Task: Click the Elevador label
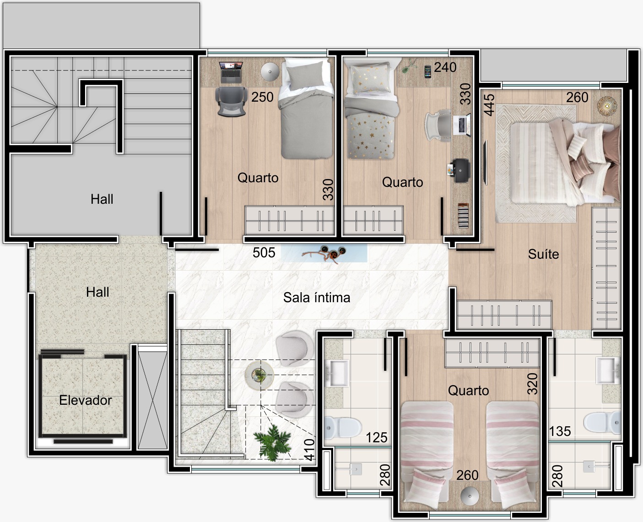click(86, 400)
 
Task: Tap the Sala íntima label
click(317, 298)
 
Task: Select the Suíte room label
click(543, 254)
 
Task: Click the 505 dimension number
click(264, 253)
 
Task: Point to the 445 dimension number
click(489, 105)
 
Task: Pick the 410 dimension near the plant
click(309, 450)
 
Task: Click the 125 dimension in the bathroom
click(377, 437)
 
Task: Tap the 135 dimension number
click(560, 431)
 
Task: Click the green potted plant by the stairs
click(272, 443)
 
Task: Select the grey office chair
click(231, 101)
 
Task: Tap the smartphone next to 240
click(428, 71)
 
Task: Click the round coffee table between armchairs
click(259, 375)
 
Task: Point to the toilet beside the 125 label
click(343, 428)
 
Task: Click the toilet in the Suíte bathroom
click(602, 422)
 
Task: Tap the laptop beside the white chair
click(462, 125)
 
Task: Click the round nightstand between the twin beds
click(470, 496)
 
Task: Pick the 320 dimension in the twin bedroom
click(533, 384)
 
